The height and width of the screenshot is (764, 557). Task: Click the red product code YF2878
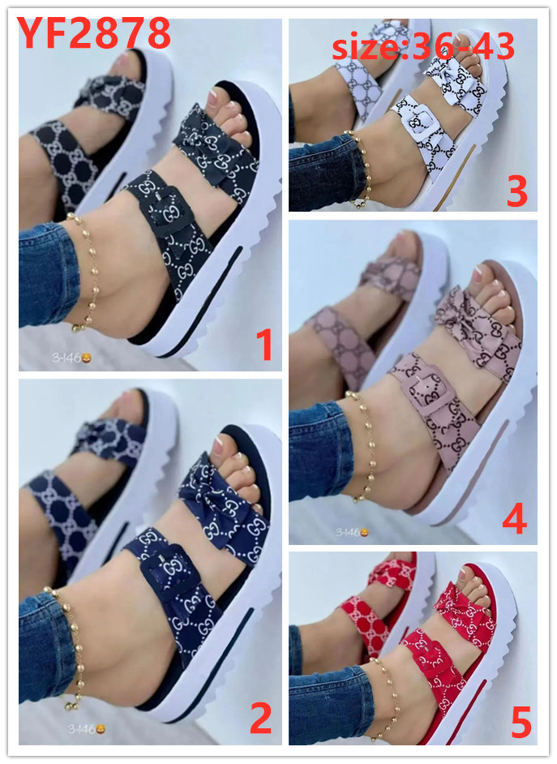pyautogui.click(x=93, y=32)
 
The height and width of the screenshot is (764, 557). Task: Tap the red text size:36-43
pyautogui.click(x=422, y=46)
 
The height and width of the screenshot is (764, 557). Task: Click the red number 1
pyautogui.click(x=264, y=345)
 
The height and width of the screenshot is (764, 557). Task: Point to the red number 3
pyautogui.click(x=516, y=191)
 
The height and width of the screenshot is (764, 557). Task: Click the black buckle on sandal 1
pyautogui.click(x=164, y=212)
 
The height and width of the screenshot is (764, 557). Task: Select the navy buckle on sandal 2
pyautogui.click(x=169, y=571)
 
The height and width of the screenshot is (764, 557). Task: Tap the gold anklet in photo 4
pyautogui.click(x=363, y=444)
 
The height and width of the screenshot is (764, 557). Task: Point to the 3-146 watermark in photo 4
pyautogui.click(x=352, y=533)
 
